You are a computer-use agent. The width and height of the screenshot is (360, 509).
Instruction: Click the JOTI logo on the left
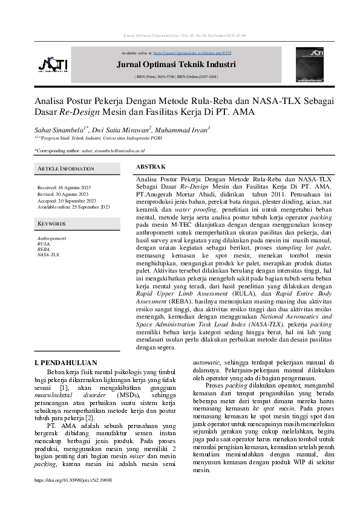tap(52, 64)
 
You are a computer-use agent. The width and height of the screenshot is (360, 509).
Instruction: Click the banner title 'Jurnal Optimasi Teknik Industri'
tap(185, 65)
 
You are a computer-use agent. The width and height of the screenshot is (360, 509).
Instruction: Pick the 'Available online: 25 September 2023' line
tap(74, 207)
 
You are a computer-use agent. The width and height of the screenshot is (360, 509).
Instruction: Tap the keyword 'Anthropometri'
tap(51, 239)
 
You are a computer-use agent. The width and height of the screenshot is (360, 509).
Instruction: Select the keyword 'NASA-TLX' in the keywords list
tap(48, 255)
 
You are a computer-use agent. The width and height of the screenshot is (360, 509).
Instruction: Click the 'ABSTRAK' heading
tap(151, 166)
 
